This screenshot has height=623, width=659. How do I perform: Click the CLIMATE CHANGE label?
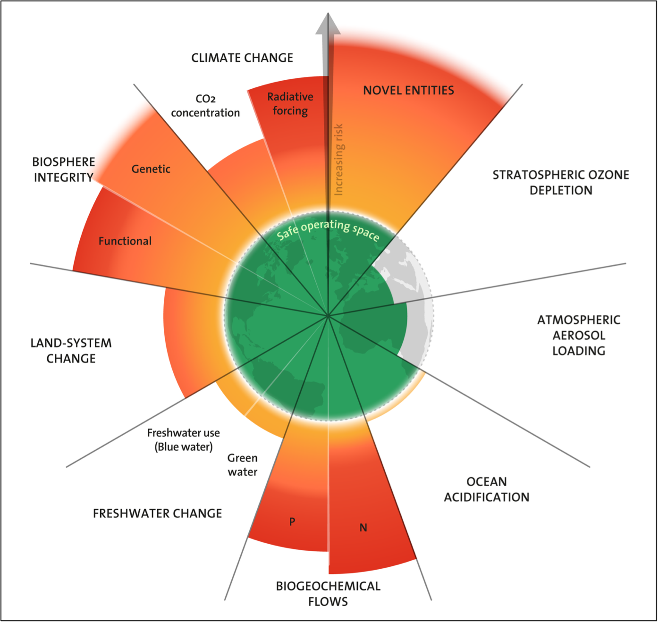click(x=242, y=58)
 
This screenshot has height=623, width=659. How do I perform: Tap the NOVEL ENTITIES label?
click(x=408, y=90)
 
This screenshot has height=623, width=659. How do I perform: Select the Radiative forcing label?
click(x=290, y=103)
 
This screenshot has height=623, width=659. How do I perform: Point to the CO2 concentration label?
click(x=205, y=106)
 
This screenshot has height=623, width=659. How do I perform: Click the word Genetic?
click(x=151, y=169)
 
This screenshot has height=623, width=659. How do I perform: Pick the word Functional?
click(x=125, y=241)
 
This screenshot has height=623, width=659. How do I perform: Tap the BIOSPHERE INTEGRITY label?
click(x=64, y=169)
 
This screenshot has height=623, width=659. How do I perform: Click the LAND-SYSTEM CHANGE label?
click(x=71, y=351)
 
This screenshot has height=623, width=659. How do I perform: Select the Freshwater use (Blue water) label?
click(x=184, y=439)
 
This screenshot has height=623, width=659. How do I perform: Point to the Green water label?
click(x=243, y=465)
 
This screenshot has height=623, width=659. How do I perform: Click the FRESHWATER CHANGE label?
click(x=157, y=514)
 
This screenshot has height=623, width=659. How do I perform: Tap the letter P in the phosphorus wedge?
click(x=292, y=522)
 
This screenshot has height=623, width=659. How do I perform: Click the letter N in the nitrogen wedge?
click(x=363, y=528)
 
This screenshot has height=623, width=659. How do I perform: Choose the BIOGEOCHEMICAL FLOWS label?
click(x=328, y=594)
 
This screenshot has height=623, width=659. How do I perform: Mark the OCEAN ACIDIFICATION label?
click(x=487, y=489)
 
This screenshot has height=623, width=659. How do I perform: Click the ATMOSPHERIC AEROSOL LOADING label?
click(x=579, y=335)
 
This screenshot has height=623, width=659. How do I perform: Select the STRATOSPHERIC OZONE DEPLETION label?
click(x=561, y=183)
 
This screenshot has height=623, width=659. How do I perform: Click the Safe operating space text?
click(x=328, y=230)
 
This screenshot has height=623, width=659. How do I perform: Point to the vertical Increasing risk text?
click(x=339, y=160)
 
